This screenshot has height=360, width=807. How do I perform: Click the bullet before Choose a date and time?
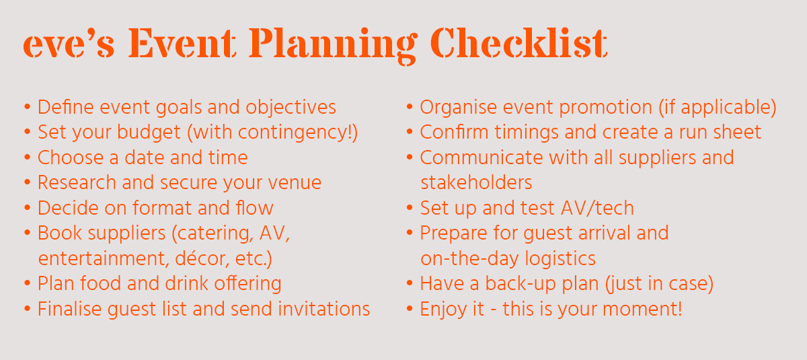click(27, 158)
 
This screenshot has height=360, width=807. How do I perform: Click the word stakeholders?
click(476, 183)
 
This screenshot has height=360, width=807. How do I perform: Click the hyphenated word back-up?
click(518, 284)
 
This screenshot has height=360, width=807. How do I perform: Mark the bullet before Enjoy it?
click(410, 309)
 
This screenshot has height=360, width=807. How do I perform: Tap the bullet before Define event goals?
click(27, 108)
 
